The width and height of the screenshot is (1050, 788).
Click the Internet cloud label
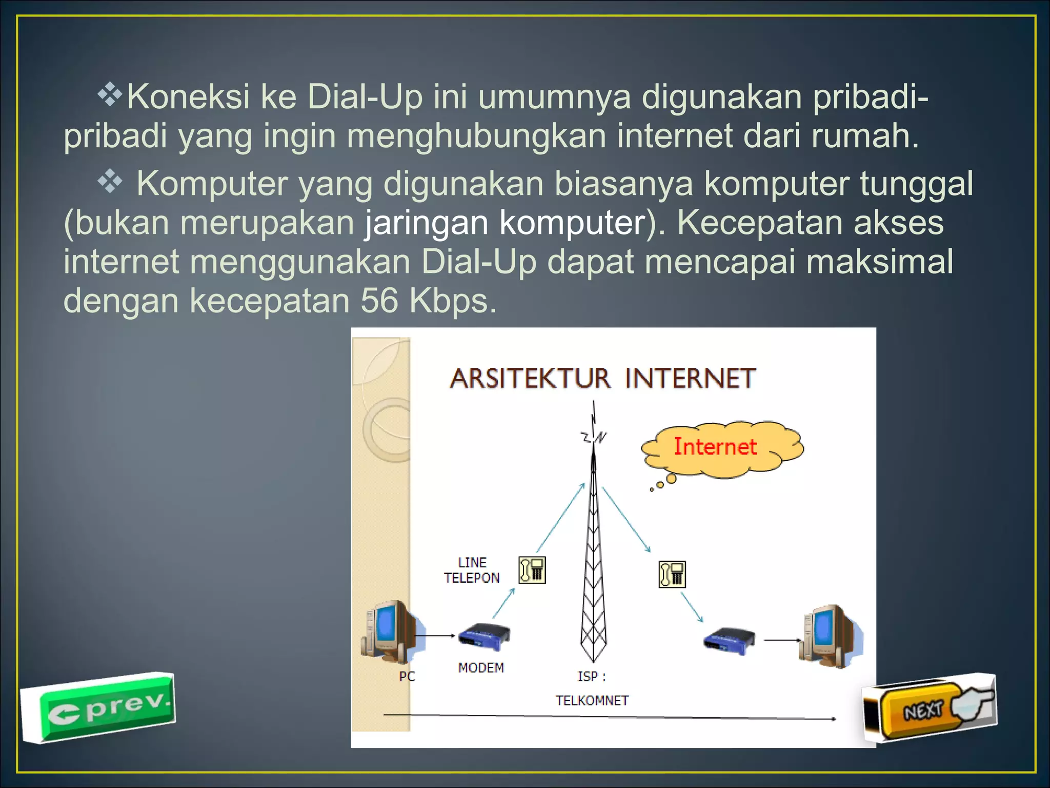(x=715, y=447)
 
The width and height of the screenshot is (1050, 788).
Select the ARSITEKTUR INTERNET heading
(x=602, y=379)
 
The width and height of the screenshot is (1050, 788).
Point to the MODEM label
(x=481, y=667)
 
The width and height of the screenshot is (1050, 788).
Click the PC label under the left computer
(x=407, y=677)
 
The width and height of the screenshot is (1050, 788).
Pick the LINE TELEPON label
(x=472, y=570)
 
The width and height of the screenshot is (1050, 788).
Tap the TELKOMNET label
(x=592, y=700)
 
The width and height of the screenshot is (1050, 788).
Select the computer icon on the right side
(x=831, y=636)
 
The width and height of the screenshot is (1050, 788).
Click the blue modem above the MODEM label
(x=483, y=634)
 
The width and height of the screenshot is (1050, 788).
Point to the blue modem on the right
(x=729, y=640)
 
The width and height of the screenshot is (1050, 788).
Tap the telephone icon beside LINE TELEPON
(x=532, y=570)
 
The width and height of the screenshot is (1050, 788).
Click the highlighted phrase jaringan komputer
(x=504, y=223)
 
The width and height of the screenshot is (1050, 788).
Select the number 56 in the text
(x=379, y=301)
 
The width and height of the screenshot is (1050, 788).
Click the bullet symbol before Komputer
(x=110, y=181)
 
